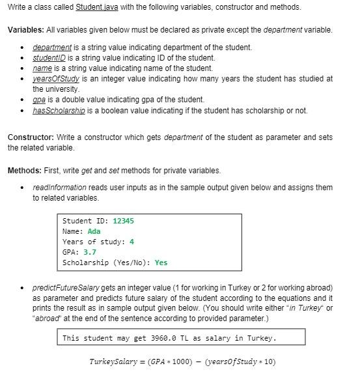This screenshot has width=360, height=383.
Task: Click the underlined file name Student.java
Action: [x=97, y=7]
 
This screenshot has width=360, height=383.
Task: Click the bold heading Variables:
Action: [x=27, y=30]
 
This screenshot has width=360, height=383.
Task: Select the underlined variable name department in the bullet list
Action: [x=52, y=48]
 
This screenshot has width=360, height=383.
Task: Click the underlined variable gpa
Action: [x=40, y=100]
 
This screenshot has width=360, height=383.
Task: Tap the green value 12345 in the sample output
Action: [x=123, y=221]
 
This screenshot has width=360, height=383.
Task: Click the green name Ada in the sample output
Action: [x=94, y=231]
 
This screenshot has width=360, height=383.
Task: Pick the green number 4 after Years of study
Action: [x=132, y=242]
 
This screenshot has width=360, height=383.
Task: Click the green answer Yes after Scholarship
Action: [x=161, y=262]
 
